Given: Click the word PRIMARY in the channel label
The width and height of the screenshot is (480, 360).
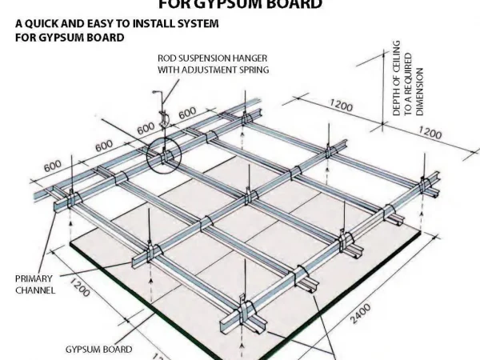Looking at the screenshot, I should coord(34,279).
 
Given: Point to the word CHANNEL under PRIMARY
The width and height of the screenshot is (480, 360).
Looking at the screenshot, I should coord(35,290).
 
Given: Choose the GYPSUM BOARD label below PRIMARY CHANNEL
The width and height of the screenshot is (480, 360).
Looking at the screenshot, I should coord(98,350).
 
